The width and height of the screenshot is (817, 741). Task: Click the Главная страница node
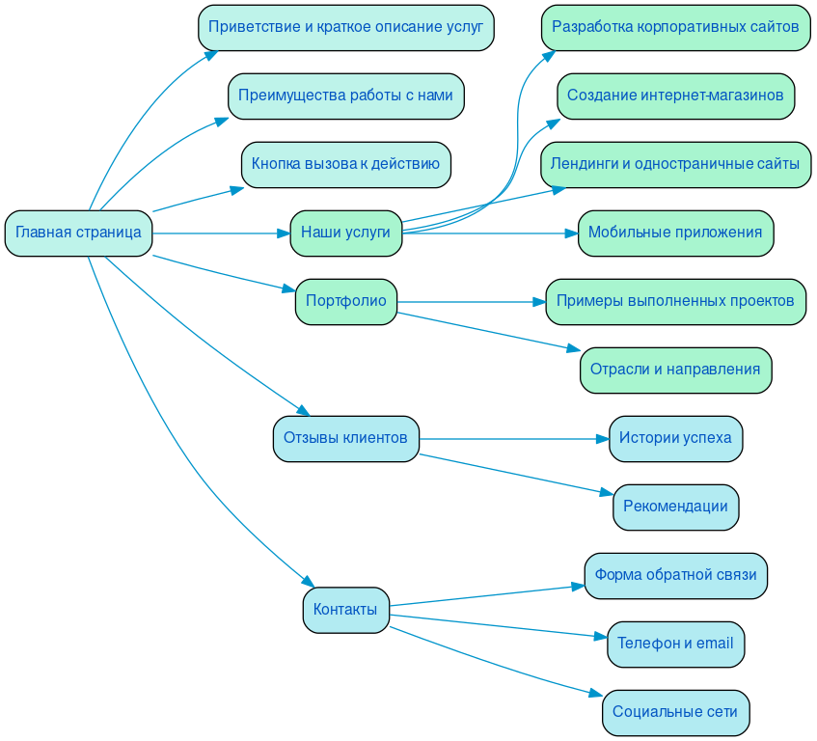(79, 233)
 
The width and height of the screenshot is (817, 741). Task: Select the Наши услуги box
(345, 233)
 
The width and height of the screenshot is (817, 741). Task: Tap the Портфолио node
(345, 301)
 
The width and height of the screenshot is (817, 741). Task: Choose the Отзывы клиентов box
(345, 438)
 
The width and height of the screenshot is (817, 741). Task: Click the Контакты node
(345, 610)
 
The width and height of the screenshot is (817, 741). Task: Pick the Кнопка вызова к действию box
(345, 164)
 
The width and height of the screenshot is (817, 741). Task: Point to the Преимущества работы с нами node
(345, 96)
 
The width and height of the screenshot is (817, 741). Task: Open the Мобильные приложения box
(675, 233)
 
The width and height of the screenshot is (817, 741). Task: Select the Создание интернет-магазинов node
(675, 96)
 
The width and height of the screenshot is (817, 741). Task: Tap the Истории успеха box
(675, 438)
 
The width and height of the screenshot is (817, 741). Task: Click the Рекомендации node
(675, 507)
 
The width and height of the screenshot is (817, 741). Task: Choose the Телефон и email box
(675, 644)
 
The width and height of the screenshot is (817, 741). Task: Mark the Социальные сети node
(675, 712)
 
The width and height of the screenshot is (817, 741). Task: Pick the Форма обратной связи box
(675, 575)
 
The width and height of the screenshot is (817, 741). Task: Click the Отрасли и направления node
(675, 370)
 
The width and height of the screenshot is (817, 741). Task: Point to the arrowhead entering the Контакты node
(309, 582)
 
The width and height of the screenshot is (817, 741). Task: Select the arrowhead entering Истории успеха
(602, 438)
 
